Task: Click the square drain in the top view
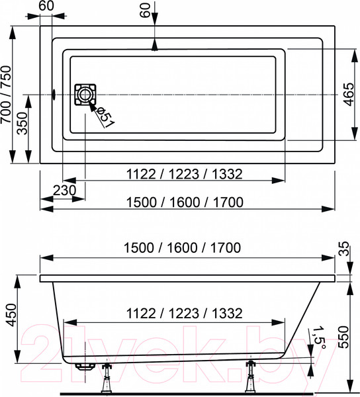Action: (x=85, y=95)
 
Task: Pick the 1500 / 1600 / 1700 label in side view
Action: (x=184, y=247)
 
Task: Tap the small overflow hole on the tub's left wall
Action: (x=54, y=95)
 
